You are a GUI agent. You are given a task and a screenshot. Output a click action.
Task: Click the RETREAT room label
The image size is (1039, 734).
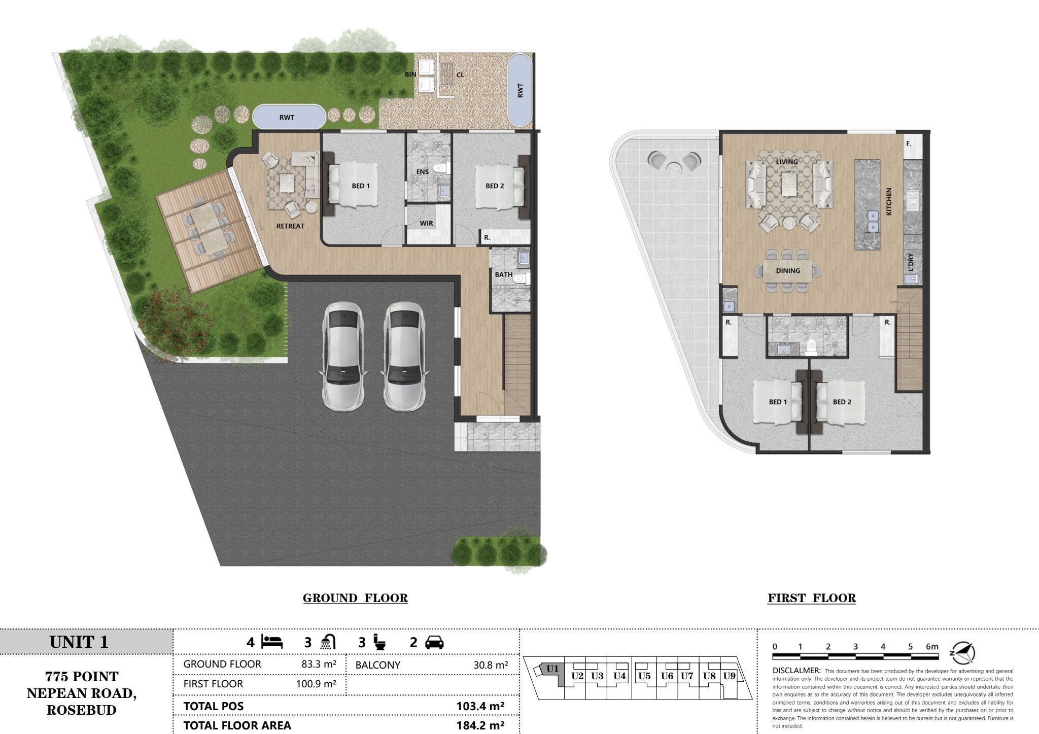[x=290, y=226]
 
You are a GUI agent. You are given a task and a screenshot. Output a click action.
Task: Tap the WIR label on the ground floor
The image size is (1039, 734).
[x=426, y=223]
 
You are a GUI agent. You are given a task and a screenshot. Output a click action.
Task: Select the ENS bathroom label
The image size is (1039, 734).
[x=423, y=172]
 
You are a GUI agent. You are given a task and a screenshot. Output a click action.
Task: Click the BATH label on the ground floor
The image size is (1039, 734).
[x=504, y=274]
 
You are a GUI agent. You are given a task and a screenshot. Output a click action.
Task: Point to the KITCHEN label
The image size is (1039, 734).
[x=889, y=201]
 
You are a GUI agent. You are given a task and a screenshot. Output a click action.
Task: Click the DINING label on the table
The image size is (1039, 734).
[x=788, y=271]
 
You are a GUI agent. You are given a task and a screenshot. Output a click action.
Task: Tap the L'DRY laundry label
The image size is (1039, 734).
[x=911, y=262]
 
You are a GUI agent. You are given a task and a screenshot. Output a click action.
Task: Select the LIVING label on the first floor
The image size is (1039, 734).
[x=787, y=162]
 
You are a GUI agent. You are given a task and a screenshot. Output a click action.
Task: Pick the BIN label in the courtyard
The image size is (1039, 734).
[x=410, y=75]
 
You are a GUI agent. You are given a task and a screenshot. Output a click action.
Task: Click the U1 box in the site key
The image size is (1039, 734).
[x=552, y=669]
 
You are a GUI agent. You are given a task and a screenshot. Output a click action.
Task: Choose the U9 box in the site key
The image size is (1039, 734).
[x=729, y=676]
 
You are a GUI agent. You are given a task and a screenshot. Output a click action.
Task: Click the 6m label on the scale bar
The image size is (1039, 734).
[x=932, y=647]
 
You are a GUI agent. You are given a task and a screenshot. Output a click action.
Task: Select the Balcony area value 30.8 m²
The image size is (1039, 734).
[x=491, y=665]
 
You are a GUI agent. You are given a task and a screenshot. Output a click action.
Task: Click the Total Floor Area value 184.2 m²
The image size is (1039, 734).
[x=480, y=725]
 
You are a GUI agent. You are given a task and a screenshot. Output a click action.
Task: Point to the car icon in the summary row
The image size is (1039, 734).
[x=434, y=643]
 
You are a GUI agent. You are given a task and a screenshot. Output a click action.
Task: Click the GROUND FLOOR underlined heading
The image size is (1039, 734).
[x=355, y=599]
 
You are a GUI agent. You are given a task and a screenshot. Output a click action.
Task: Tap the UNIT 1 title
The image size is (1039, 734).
[x=79, y=642]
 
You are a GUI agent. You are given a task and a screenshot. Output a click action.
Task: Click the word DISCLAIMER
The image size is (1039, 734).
[x=796, y=671]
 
